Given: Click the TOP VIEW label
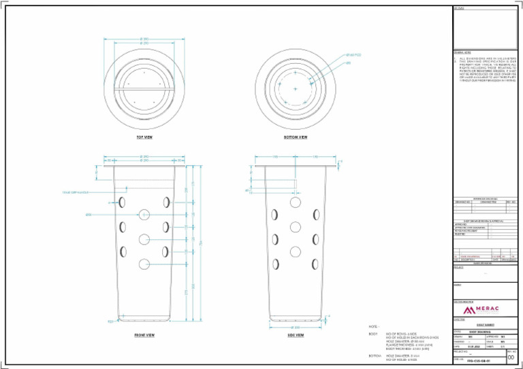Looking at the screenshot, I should [144, 137].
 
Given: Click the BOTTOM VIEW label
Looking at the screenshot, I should [295, 137].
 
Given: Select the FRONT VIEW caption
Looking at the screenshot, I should [144, 335].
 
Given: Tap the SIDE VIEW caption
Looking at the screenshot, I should [295, 335].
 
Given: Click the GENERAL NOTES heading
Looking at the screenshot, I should [463, 52].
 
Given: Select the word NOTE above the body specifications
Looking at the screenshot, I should [373, 326].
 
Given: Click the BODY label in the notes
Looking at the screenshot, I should [373, 334].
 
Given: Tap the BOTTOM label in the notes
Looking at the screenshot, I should [374, 355].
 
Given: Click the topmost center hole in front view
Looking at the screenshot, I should [144, 214].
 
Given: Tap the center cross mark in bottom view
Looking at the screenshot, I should [295, 89].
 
